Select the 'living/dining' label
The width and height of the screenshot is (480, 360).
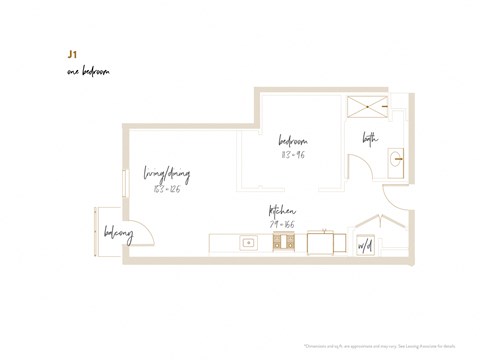pos(166,173)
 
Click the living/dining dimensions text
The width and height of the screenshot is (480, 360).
pos(166,188)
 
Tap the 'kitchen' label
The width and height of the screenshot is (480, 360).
pos(281,211)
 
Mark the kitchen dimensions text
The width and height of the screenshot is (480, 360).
pos(281,224)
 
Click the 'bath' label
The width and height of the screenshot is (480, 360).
pos(370,140)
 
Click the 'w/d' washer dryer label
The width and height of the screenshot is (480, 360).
pos(366,244)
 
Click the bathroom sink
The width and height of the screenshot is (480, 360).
pos(397,158)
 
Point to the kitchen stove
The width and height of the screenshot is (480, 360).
pos(278,242)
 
